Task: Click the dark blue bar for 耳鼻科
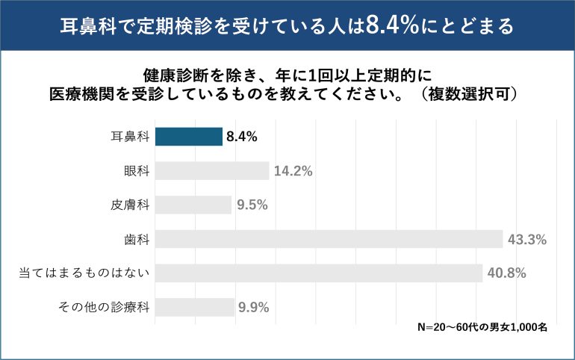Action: tap(188, 137)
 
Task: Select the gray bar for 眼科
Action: tap(211, 171)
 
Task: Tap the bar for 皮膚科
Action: tap(193, 205)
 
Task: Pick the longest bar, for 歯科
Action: tap(328, 239)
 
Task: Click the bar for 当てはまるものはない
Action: tap(318, 273)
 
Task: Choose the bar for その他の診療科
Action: tap(194, 307)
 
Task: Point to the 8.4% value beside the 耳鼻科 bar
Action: tap(242, 137)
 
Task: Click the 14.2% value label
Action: tap(293, 171)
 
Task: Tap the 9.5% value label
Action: tap(252, 205)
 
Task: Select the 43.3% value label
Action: tap(527, 240)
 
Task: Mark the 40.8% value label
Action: tap(507, 273)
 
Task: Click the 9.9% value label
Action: tap(254, 307)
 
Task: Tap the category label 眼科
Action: tap(137, 171)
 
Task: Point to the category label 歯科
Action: tap(137, 240)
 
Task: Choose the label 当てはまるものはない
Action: tap(84, 273)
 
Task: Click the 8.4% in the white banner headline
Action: tap(391, 25)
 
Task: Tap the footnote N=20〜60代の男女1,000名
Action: tap(482, 327)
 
